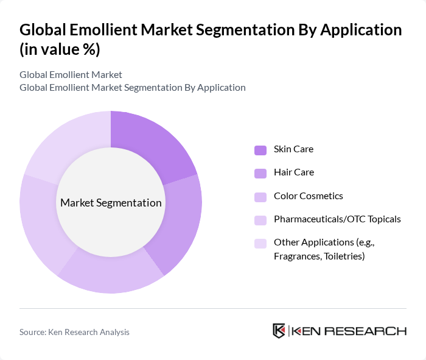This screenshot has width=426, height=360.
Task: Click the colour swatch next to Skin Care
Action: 260,150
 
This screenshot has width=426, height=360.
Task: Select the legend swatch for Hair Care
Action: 260,173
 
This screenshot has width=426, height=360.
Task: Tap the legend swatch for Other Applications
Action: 260,244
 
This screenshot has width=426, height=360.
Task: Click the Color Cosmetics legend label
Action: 308,196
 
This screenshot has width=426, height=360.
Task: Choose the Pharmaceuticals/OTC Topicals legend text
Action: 337,219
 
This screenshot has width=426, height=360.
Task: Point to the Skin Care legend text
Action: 293,149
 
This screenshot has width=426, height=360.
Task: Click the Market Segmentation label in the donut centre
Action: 111,203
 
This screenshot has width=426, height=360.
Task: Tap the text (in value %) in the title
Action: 60,49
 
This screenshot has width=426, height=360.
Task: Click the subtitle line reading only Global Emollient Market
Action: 71,75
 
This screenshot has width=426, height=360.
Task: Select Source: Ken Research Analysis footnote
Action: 74,332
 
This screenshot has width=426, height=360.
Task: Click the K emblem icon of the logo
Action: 279,331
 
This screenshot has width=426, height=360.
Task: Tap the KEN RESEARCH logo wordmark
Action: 349,331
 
